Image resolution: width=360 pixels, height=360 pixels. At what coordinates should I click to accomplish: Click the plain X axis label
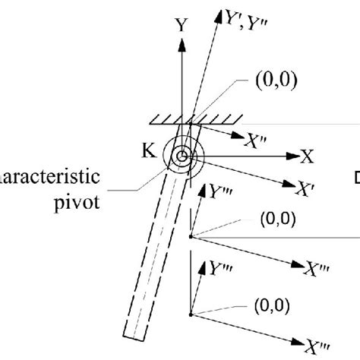(x=307, y=156)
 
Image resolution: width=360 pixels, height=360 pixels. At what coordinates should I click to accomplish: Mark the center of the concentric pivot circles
(x=182, y=157)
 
